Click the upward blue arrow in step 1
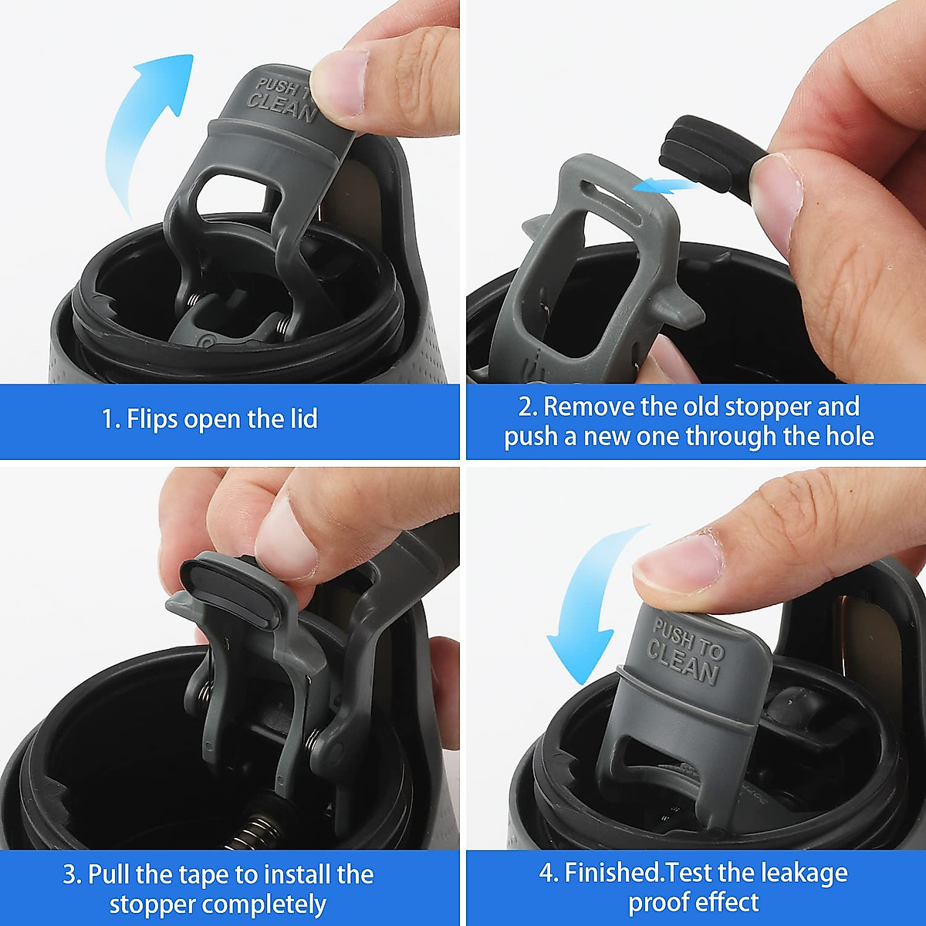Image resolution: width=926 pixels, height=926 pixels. (x=147, y=123)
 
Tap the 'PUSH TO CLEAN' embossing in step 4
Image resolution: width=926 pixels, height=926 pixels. (x=685, y=652)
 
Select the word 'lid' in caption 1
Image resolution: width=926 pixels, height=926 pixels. (x=303, y=419)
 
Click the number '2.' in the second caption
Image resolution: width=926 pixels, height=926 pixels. (x=527, y=407)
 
